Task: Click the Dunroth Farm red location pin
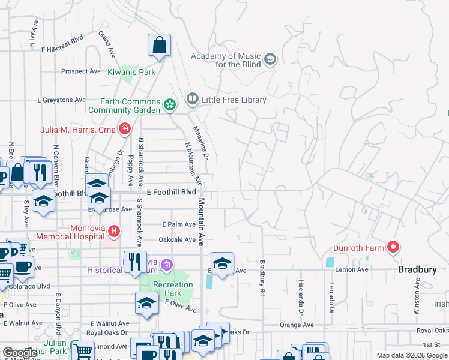click(393, 247)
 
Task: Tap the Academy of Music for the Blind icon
click(270, 59)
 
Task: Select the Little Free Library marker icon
click(193, 98)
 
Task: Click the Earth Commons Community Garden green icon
click(170, 106)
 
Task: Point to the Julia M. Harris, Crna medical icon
click(125, 128)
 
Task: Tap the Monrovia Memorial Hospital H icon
click(114, 231)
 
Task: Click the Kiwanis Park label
click(131, 72)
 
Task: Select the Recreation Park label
click(173, 289)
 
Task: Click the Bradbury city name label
click(417, 270)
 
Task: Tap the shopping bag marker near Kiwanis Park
click(160, 46)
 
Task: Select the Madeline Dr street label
click(200, 142)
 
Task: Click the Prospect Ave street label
click(81, 71)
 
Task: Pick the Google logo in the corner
click(20, 353)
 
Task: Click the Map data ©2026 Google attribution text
click(411, 355)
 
